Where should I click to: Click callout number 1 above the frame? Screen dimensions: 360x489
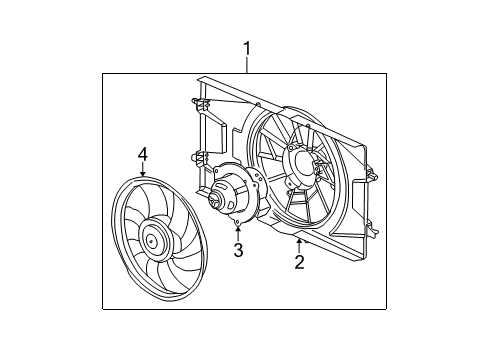pyautogui.click(x=246, y=47)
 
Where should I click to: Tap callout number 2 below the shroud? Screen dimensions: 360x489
pyautogui.click(x=298, y=262)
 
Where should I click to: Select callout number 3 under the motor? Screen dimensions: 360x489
pyautogui.click(x=238, y=250)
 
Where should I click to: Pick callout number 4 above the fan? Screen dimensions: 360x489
pyautogui.click(x=142, y=154)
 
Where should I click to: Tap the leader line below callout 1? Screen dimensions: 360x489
pyautogui.click(x=246, y=64)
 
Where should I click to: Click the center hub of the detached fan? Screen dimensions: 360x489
pyautogui.click(x=152, y=239)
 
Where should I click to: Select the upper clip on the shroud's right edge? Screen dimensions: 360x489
pyautogui.click(x=370, y=168)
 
